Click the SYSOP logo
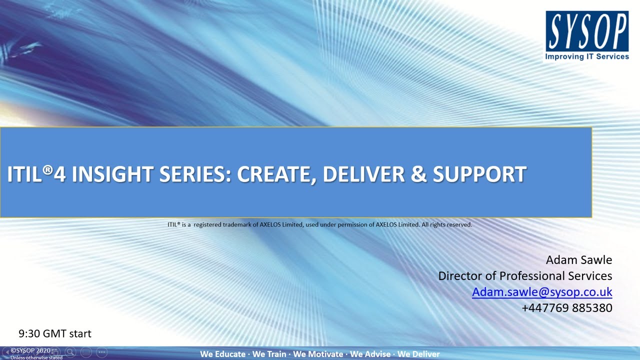point(586,31)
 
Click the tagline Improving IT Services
point(586,57)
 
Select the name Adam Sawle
point(578,260)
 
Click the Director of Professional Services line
point(525,276)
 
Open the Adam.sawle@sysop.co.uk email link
point(542,292)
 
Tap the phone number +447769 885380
point(566,308)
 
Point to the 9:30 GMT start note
point(55,333)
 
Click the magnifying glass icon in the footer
point(70,352)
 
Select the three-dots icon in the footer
point(101,352)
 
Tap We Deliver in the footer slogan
point(418,354)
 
